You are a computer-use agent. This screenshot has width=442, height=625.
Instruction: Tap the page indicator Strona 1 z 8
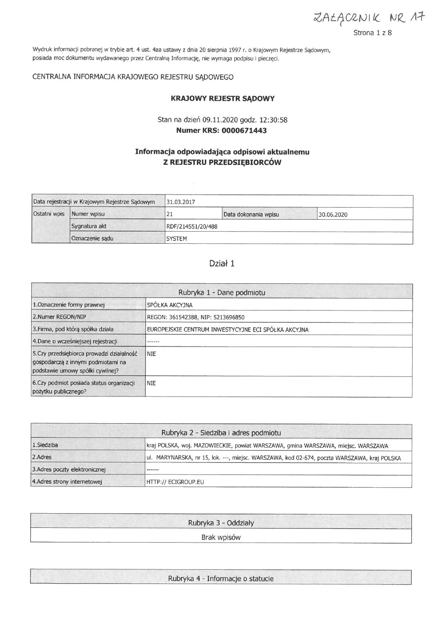coord(372,33)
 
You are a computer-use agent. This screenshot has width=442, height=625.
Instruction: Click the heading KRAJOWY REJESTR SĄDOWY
coord(222,98)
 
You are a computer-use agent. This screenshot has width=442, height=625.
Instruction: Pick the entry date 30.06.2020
coord(333,214)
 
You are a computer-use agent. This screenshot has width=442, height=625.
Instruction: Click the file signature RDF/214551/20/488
coord(192,226)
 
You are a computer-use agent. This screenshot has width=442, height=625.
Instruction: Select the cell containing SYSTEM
coord(176,238)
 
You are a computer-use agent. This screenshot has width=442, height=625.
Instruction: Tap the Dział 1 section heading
coord(222,263)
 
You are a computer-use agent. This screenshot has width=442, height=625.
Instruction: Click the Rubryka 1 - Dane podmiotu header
coord(221,293)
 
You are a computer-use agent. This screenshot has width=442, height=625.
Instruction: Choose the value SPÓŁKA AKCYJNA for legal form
coord(169,305)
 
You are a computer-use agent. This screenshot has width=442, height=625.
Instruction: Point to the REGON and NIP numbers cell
coord(196,317)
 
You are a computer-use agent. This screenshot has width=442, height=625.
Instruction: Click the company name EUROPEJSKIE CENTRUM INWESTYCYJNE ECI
coord(227,330)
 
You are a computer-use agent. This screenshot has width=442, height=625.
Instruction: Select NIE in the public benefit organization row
coord(151,383)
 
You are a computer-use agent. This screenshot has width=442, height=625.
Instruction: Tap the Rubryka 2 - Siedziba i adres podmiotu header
coord(221,433)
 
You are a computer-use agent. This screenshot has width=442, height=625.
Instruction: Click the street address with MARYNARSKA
coord(273,458)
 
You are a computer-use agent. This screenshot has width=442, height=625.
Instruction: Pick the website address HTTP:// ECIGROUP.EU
coord(175,482)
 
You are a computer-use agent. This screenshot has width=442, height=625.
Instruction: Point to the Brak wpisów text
coord(221,537)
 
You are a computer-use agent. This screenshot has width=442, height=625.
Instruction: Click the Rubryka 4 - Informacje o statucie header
coord(221,579)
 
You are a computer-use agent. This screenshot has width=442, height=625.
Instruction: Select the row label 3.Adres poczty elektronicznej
coord(69,469)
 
